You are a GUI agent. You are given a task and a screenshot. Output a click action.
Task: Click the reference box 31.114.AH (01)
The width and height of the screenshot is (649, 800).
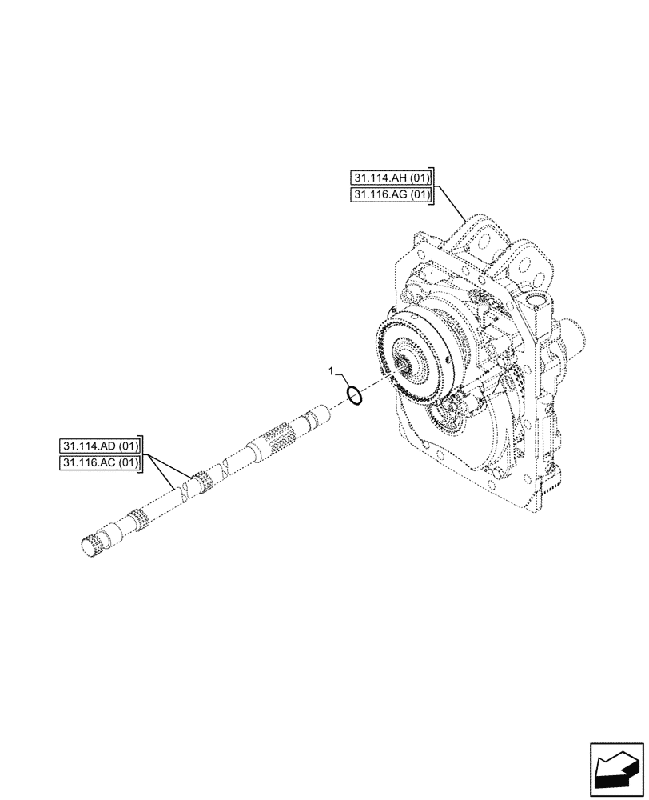(389, 178)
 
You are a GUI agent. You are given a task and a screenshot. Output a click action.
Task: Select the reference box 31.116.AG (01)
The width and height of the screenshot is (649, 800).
(389, 194)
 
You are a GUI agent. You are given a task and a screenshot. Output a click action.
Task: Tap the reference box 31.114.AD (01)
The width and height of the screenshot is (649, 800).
(99, 446)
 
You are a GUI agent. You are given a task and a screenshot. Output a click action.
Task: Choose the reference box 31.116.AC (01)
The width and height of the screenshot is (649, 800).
(99, 462)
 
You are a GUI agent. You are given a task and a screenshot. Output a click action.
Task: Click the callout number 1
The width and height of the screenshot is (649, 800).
(332, 372)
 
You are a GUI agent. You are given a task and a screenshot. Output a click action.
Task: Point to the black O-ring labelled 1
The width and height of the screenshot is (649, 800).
(356, 395)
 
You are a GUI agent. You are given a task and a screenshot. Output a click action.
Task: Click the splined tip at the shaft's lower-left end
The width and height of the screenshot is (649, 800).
(92, 545)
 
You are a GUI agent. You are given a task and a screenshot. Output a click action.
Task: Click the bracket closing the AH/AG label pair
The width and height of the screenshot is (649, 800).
(432, 186)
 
